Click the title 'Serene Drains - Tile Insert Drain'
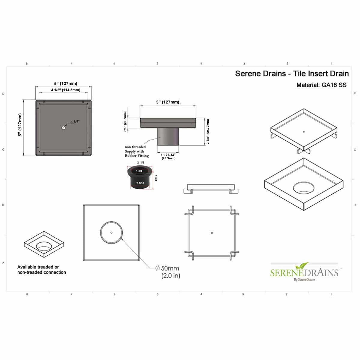pos(292,73)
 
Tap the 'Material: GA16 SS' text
pos(321,85)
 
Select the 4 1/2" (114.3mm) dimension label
pos(65,90)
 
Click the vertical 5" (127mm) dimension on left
pos(20,125)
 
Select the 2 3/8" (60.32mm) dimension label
pos(208,132)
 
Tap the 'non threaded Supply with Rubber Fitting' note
pos(136,151)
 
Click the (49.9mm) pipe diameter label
pos(168,158)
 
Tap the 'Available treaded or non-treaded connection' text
pos(41,269)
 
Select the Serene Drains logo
pos(304,272)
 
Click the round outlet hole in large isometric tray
pos(304,188)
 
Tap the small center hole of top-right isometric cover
pos(304,131)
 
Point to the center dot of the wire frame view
pos(212,233)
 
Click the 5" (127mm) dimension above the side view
pos(167,102)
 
